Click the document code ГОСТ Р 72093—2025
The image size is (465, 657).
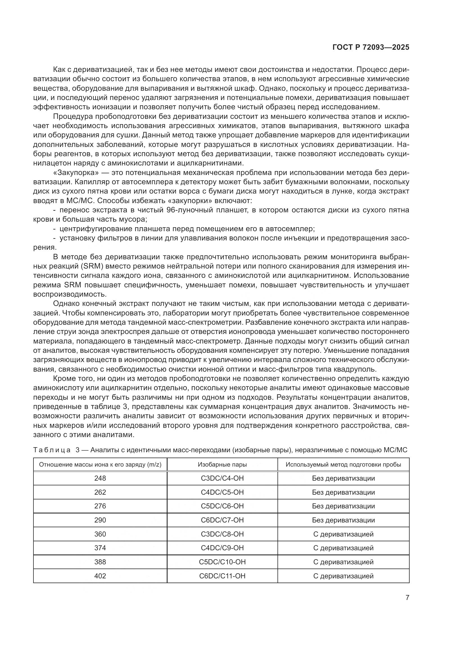point(371,47)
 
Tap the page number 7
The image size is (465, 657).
point(407,598)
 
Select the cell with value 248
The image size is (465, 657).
point(100,478)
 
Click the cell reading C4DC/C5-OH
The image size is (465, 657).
point(222,492)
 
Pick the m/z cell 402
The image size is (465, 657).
point(100,576)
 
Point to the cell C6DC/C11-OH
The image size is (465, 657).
point(222,576)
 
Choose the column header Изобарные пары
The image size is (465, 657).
point(222,464)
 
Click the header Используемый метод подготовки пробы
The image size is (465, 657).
point(343,464)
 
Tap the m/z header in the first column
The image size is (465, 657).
point(100,464)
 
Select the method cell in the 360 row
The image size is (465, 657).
point(343,534)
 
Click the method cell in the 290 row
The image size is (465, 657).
point(343,520)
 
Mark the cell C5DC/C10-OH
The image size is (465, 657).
point(222,562)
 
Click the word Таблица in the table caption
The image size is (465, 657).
point(52,450)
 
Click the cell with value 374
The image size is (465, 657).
point(100,548)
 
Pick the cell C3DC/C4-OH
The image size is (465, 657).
point(222,478)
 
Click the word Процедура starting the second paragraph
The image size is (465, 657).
point(73,117)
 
